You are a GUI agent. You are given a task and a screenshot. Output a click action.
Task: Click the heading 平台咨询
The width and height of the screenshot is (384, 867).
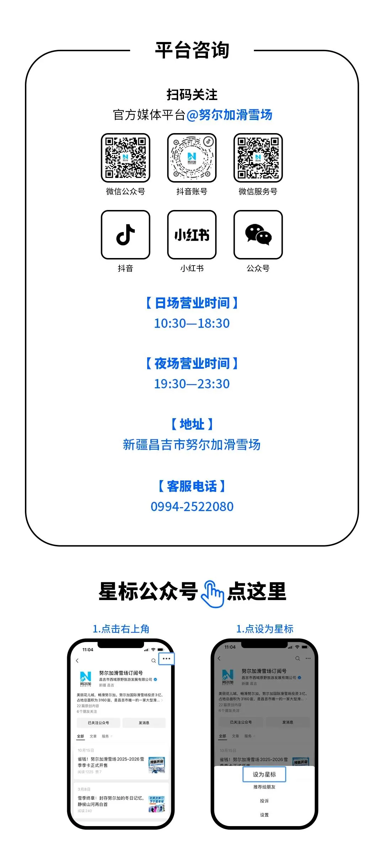point(192,50)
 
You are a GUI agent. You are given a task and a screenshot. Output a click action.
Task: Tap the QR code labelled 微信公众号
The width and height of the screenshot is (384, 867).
point(126,158)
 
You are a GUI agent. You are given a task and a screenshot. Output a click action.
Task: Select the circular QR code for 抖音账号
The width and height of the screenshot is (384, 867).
point(192,158)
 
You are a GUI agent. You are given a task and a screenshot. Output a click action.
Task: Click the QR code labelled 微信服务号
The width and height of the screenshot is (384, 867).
point(258,158)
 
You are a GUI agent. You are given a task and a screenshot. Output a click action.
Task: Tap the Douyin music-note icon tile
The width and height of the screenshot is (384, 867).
point(126,235)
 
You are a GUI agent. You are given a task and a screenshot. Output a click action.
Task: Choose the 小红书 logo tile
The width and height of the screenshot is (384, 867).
point(192,235)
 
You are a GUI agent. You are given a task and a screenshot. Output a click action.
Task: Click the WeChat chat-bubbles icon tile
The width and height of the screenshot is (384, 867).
point(258,235)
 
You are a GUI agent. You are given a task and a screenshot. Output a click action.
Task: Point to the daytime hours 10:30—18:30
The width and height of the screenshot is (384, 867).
point(192,323)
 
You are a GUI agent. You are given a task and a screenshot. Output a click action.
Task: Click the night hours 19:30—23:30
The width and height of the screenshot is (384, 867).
point(192,384)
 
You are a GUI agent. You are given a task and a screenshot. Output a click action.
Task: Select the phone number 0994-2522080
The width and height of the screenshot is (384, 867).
point(192,506)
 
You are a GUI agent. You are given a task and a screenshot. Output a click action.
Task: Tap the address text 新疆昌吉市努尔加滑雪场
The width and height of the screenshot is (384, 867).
point(192,445)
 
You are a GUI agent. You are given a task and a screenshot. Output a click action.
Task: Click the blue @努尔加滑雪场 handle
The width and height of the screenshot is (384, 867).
point(229,115)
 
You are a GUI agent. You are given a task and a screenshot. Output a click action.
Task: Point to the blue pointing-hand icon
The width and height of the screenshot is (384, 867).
point(212,593)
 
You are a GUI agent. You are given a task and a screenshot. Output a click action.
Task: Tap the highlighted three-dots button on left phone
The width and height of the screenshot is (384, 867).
point(166,658)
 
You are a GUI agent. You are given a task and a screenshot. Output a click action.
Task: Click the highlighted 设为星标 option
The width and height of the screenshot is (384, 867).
point(264,774)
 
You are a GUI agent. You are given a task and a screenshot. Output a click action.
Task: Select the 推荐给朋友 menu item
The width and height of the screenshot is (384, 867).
point(264,787)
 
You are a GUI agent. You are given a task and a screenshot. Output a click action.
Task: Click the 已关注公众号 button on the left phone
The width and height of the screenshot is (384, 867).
point(98,723)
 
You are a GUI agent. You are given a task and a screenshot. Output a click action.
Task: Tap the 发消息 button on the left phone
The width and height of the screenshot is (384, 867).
point(144,723)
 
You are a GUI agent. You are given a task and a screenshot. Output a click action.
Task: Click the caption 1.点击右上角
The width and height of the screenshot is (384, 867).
point(121,629)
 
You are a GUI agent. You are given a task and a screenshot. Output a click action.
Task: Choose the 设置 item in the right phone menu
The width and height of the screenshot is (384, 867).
point(264,815)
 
